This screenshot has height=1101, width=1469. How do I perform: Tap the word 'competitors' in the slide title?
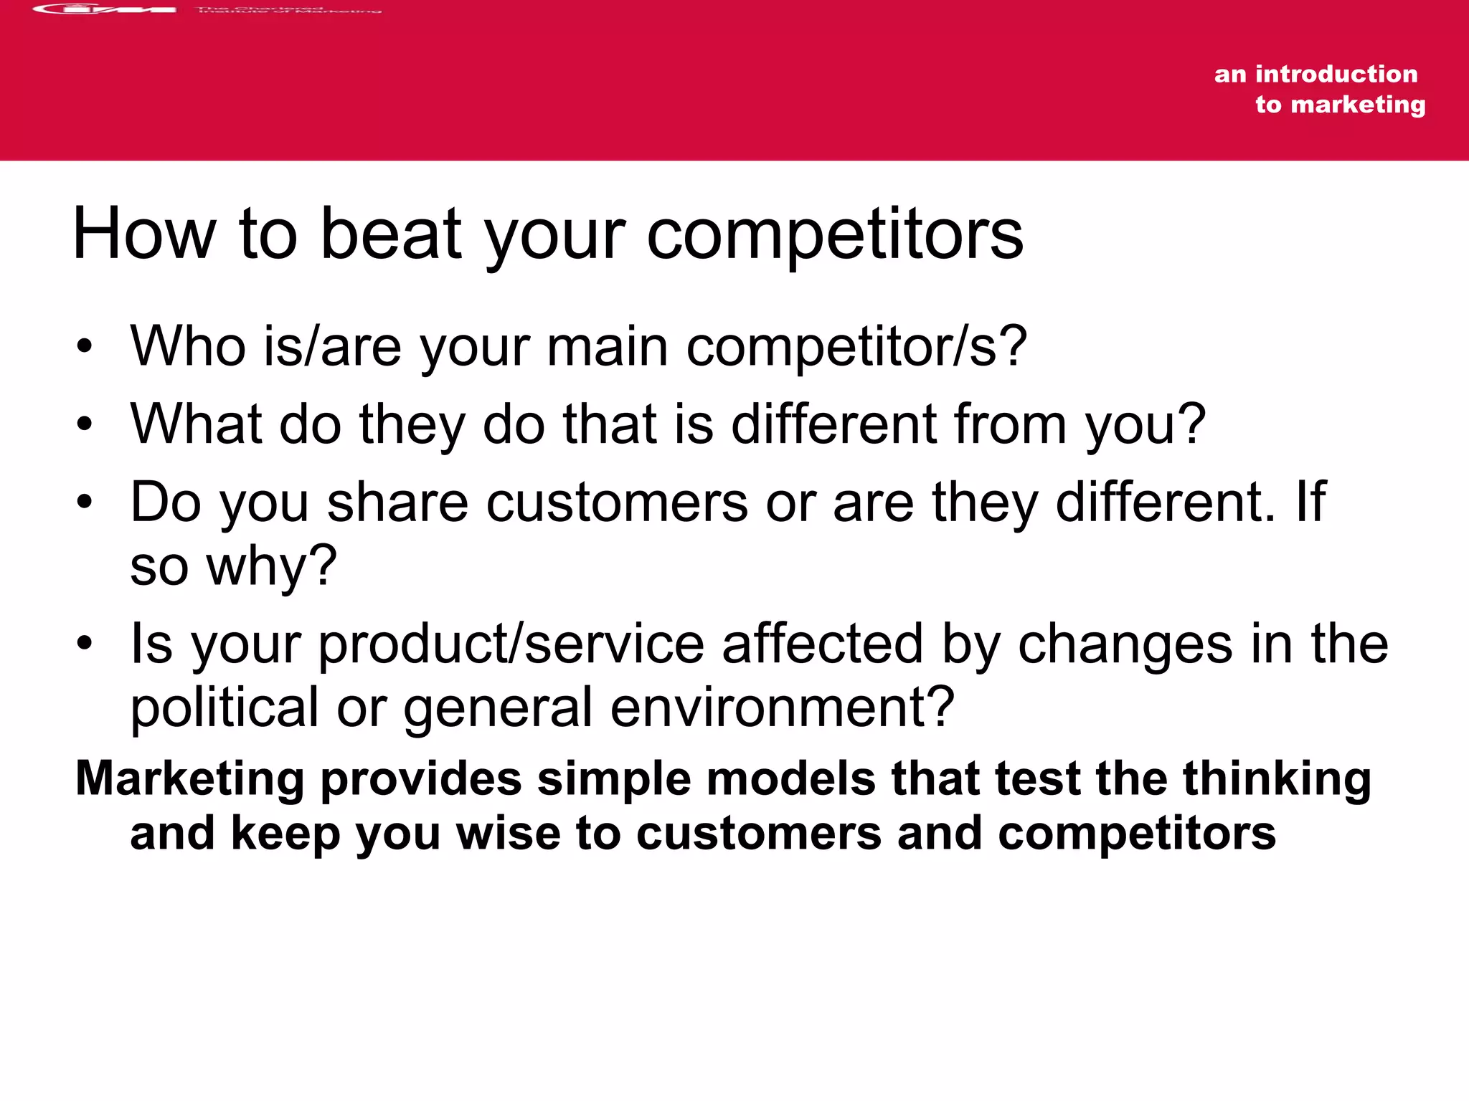[835, 234]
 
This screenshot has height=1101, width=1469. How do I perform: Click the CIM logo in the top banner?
[105, 9]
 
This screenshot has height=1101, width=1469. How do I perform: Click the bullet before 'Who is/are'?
[85, 347]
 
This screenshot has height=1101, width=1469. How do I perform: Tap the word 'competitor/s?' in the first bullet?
[856, 347]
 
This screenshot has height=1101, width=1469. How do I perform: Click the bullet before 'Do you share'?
[85, 502]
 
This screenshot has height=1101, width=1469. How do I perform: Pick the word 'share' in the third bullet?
[397, 502]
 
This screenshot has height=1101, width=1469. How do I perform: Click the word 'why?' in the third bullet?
[272, 566]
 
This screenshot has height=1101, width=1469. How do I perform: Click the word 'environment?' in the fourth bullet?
[782, 707]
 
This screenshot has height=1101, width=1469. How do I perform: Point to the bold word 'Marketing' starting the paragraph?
[190, 779]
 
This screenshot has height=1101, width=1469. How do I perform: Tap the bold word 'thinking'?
[1276, 779]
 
